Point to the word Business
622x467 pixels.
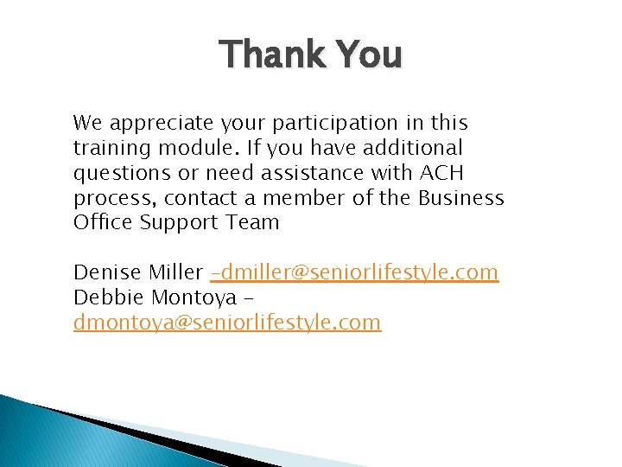(461, 198)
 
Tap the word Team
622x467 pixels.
(251, 222)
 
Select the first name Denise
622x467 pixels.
(102, 273)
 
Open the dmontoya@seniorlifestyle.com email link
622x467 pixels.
(227, 323)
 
